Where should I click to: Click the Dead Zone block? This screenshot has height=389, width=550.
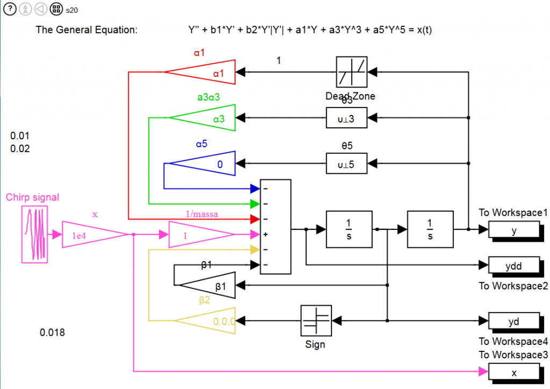point(352,71)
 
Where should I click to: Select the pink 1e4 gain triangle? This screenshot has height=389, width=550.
point(91,234)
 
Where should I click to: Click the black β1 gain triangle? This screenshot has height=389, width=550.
point(212,287)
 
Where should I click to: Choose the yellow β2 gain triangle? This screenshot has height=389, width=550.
point(212,321)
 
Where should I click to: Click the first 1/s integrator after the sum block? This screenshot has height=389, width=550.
point(349,230)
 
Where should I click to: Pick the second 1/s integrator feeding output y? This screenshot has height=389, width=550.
point(430,230)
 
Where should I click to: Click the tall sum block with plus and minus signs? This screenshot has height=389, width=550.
point(275,226)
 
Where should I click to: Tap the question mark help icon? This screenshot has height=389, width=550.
point(10,9)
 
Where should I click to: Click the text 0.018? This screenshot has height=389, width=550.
point(52,333)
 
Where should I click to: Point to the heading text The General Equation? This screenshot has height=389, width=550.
point(86,30)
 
